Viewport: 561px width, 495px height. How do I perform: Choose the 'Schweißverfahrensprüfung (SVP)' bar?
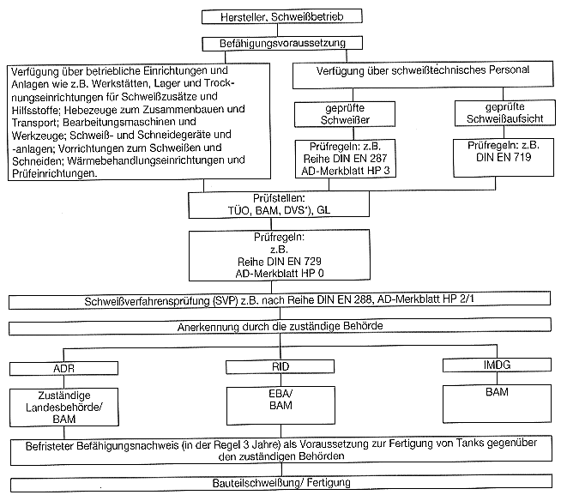point(280,301)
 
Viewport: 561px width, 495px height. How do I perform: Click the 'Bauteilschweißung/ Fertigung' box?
point(280,483)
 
